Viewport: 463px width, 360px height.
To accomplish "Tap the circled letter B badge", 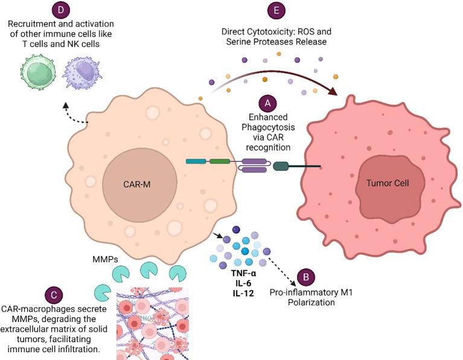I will tap(307, 278).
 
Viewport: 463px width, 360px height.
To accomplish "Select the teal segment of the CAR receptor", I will tap(196, 162).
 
